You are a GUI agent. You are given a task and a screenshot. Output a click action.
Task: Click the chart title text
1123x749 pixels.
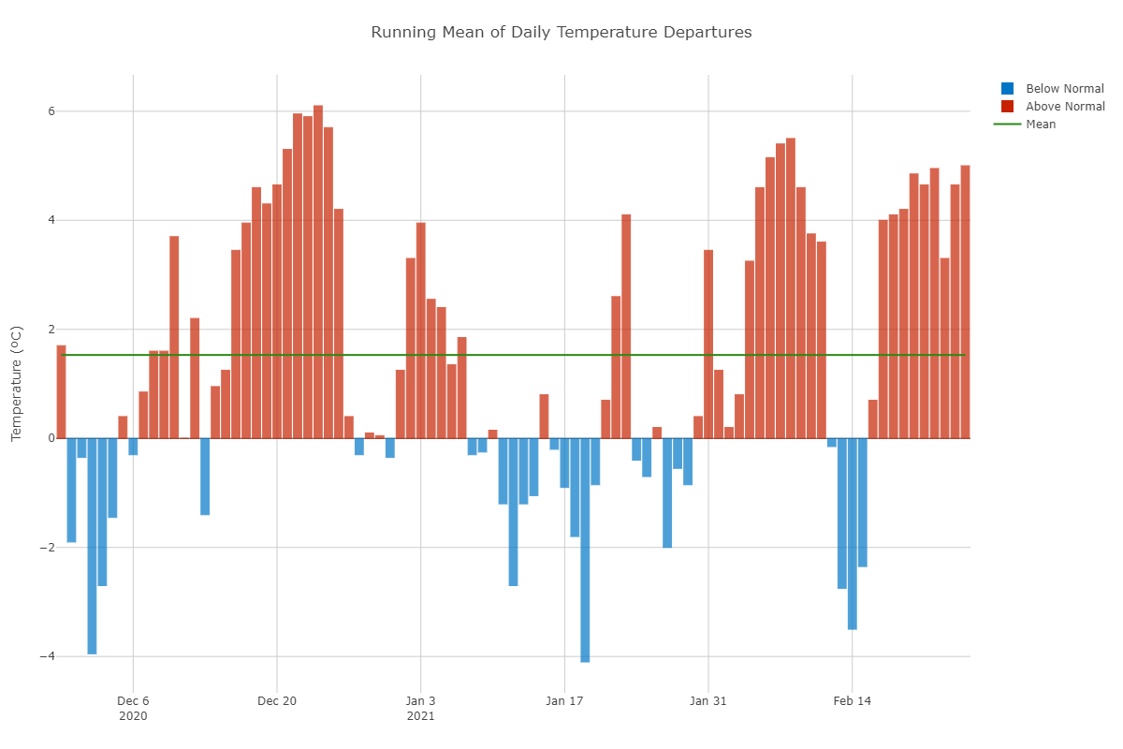coord(561,33)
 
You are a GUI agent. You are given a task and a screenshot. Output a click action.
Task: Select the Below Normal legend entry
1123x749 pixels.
coord(1065,89)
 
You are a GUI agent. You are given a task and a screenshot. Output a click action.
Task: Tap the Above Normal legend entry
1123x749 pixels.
coord(1065,107)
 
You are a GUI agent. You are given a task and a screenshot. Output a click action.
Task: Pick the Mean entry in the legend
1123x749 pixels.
coord(1041,125)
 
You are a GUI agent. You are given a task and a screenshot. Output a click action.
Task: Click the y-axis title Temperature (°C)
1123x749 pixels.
coord(16,384)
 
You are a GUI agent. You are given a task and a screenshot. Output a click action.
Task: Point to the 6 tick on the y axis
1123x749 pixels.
coord(51,111)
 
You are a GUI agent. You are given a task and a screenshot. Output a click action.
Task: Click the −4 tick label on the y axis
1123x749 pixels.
coord(47,656)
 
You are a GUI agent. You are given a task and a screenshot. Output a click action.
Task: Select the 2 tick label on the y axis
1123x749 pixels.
coord(51,330)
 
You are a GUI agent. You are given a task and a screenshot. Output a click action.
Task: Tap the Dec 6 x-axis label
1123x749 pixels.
coord(133,700)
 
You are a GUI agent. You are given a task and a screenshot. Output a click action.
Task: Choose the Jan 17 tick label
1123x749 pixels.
coord(564,700)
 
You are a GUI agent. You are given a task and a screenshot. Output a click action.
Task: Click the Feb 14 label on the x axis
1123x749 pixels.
coord(853,700)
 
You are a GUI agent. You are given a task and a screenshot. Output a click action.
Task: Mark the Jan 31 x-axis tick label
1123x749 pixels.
coord(708,700)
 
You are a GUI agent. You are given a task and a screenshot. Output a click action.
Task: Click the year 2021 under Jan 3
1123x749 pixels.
coord(420,716)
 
